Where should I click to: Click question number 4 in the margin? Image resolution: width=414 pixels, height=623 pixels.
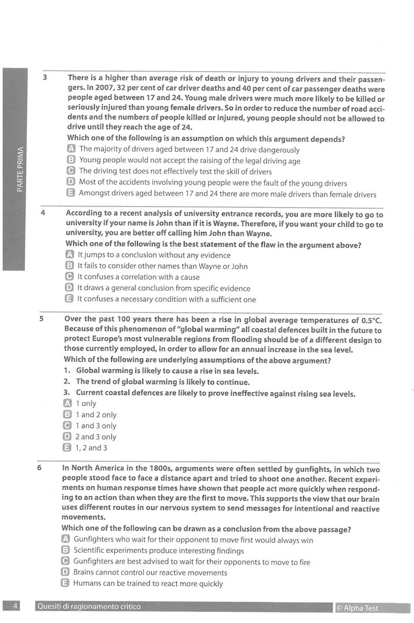[43, 213]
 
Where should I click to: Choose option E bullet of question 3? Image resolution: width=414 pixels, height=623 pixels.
[71, 194]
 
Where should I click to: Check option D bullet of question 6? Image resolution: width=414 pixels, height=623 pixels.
[65, 572]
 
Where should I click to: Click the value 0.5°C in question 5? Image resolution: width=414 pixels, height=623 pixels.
[370, 320]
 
